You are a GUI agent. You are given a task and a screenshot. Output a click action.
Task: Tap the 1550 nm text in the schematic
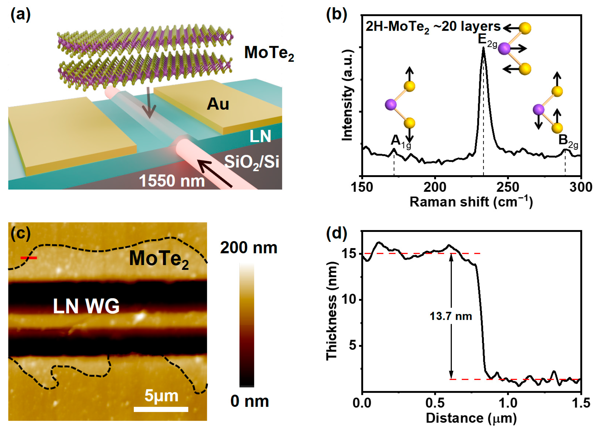[x=172, y=181]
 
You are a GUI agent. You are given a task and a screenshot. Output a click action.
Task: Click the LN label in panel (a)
[x=260, y=136]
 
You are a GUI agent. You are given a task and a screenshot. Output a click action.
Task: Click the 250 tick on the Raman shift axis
[x=508, y=187]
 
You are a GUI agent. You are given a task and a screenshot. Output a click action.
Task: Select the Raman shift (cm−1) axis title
[x=471, y=202]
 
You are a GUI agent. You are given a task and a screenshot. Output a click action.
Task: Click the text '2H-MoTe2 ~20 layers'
[x=433, y=27]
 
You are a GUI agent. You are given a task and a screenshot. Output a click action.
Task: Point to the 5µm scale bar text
[x=161, y=396]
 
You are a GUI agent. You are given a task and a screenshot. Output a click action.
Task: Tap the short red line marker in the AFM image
[x=29, y=258]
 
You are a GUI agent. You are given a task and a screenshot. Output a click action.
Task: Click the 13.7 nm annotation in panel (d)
[x=451, y=316]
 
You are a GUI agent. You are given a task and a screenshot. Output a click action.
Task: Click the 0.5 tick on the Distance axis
[x=435, y=403]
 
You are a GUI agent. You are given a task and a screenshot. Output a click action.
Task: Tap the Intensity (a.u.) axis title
[x=347, y=95]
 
